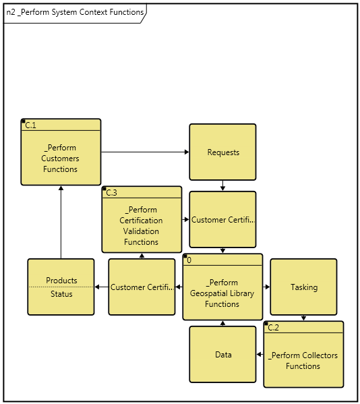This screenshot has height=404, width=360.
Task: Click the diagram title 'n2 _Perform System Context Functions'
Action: (x=74, y=12)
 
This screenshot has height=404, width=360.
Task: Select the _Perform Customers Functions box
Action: (x=61, y=158)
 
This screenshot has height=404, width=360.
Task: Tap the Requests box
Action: (x=222, y=152)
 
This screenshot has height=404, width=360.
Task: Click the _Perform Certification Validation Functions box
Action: (x=142, y=226)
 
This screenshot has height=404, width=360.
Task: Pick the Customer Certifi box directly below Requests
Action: (x=222, y=220)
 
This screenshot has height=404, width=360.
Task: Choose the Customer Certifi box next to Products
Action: (x=142, y=287)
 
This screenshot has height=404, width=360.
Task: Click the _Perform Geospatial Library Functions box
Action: (x=222, y=293)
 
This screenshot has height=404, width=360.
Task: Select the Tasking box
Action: (x=303, y=287)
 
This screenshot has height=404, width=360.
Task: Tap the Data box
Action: (x=222, y=355)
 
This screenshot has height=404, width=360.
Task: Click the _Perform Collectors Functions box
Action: (x=303, y=361)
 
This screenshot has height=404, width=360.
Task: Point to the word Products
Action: (x=61, y=281)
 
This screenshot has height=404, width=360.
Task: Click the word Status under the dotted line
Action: (x=61, y=294)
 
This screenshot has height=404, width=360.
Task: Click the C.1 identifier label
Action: (x=30, y=125)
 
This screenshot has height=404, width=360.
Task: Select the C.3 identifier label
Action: (x=111, y=192)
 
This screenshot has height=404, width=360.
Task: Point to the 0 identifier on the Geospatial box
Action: (x=189, y=260)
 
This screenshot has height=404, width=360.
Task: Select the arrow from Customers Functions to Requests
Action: (x=145, y=152)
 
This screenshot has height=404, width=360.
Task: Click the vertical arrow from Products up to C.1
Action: (x=61, y=223)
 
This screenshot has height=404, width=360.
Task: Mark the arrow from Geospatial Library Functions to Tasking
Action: (x=266, y=287)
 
